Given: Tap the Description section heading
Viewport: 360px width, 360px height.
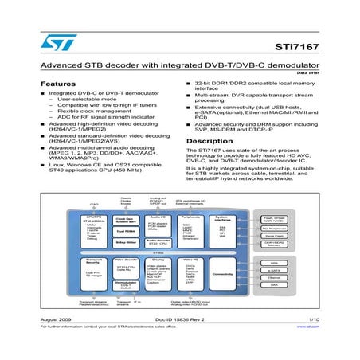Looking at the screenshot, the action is coord(209,141).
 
